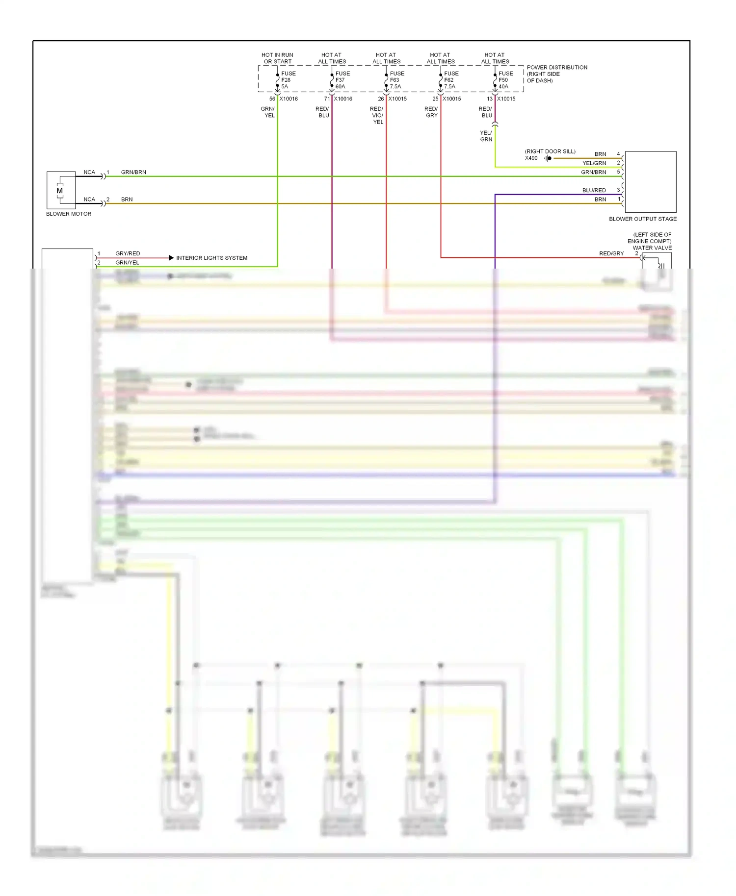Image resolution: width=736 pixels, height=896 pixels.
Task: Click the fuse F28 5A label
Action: (x=288, y=80)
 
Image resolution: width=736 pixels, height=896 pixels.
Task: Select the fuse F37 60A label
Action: (x=342, y=80)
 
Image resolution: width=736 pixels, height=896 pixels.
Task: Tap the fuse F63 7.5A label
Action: (x=396, y=80)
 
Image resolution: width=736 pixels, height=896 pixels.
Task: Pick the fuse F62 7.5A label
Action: (x=451, y=80)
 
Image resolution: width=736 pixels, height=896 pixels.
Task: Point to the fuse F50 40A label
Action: (x=505, y=80)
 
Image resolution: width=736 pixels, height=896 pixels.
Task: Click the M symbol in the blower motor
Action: (x=60, y=191)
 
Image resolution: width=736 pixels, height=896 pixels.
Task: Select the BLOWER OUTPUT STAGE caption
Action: (x=642, y=219)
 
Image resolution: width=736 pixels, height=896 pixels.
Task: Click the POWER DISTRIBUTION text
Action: (x=556, y=68)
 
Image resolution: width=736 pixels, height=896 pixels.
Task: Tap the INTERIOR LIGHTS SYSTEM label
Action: (x=211, y=258)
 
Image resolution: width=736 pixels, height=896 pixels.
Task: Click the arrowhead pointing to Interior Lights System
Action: (x=171, y=258)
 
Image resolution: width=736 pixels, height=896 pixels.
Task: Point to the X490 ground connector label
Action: (x=531, y=158)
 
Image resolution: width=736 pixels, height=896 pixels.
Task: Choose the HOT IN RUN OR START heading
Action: (x=277, y=58)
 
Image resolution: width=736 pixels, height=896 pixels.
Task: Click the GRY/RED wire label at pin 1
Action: (x=128, y=253)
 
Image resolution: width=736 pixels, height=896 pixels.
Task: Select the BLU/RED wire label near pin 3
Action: (x=594, y=190)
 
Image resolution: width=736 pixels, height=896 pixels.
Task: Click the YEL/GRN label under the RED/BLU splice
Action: (x=486, y=136)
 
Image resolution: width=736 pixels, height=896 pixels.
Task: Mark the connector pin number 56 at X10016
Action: (x=272, y=99)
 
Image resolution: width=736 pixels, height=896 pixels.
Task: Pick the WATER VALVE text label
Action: (x=652, y=248)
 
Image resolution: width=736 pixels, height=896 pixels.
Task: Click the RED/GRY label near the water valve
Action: (x=611, y=253)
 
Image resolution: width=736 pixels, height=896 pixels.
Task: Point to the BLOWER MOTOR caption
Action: (x=69, y=214)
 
